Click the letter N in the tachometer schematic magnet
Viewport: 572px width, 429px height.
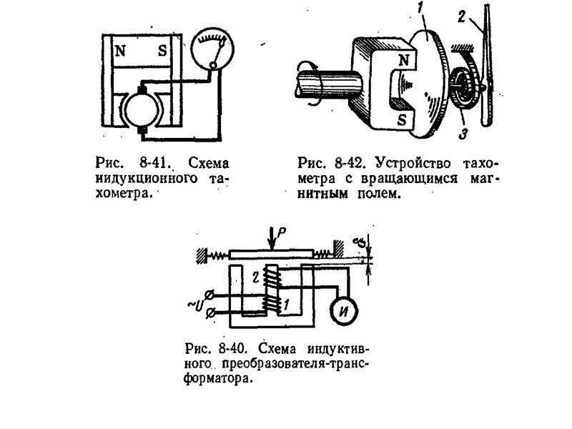tap(119, 53)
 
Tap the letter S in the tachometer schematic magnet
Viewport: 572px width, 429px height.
tap(161, 53)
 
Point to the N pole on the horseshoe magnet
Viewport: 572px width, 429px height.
tap(403, 61)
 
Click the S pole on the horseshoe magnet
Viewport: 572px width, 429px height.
tap(403, 119)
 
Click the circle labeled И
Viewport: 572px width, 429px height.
tap(345, 307)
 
